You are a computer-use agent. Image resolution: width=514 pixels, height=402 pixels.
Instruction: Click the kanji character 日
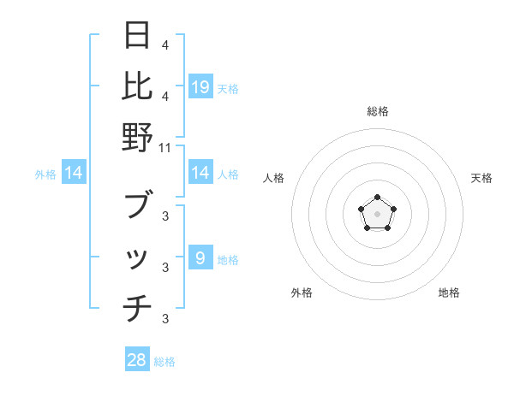[x=137, y=37]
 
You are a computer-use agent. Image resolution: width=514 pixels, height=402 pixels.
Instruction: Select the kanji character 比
[x=137, y=86]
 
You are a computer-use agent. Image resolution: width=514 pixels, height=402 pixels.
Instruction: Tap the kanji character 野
[x=137, y=137]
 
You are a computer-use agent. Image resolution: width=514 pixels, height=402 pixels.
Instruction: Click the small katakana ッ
[x=137, y=258]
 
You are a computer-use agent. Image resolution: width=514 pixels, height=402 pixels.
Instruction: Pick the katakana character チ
[x=137, y=308]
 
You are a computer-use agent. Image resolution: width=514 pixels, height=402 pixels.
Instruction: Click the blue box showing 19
[x=200, y=86]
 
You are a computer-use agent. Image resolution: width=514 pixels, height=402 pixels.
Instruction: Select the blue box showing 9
[x=200, y=258]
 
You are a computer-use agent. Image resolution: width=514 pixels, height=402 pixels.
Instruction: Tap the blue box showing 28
[x=137, y=360]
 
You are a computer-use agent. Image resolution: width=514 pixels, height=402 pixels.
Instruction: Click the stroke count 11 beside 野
[x=165, y=147]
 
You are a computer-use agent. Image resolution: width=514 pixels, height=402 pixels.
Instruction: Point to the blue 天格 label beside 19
[x=228, y=88]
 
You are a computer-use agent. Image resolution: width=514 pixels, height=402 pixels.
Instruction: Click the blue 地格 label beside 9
[x=228, y=260]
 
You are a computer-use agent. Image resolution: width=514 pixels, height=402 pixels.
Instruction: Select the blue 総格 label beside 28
[x=165, y=362]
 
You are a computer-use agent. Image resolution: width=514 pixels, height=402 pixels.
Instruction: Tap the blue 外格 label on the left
[x=45, y=174]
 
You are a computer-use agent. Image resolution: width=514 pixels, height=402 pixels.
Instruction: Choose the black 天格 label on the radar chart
[x=482, y=178]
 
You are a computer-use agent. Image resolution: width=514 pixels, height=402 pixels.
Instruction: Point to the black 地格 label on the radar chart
[x=449, y=293]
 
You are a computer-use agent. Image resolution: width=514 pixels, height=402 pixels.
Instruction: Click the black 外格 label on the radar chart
[x=302, y=293]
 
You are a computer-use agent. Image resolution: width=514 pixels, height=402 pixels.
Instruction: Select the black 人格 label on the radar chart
[x=273, y=178]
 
